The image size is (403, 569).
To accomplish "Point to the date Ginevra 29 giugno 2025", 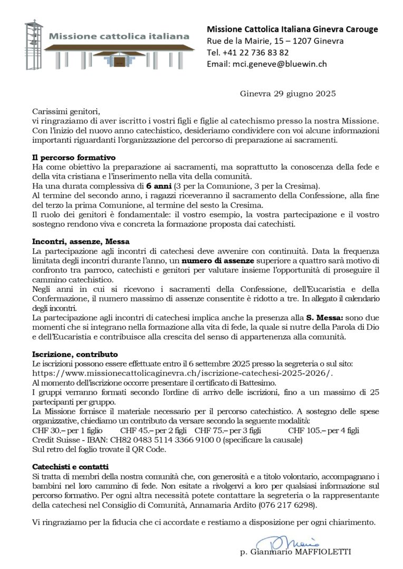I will (x=287, y=94).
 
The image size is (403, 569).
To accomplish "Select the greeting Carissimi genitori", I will (x=66, y=111).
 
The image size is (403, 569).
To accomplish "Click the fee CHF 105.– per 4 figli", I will (x=323, y=430).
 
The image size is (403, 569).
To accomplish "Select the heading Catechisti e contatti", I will (x=70, y=467).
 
